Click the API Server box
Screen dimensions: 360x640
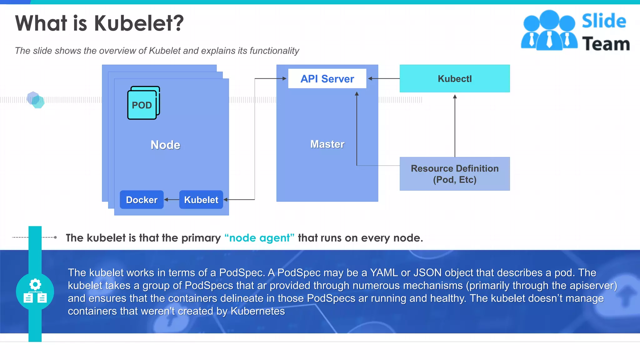tap(327, 79)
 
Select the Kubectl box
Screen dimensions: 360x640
tap(454, 79)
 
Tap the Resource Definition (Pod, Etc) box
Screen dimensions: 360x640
tap(454, 174)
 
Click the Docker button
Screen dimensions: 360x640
tap(142, 200)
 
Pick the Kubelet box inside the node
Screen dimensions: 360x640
tap(201, 200)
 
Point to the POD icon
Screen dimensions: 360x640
tap(143, 104)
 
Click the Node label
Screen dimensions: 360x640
tap(165, 145)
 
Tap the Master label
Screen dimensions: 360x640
tap(327, 144)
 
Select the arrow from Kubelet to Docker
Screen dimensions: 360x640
tap(172, 199)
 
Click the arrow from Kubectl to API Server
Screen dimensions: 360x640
tap(384, 78)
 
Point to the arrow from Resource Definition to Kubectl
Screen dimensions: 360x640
tap(455, 125)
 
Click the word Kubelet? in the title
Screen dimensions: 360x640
tap(139, 23)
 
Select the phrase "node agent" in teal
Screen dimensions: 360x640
tap(259, 238)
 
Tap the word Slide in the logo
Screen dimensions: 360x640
tap(604, 21)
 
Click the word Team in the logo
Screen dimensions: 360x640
tap(606, 44)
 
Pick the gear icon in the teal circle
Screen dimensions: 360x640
tap(35, 285)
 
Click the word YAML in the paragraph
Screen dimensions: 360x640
tap(384, 273)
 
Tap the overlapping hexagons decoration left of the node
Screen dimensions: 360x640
tap(35, 100)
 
